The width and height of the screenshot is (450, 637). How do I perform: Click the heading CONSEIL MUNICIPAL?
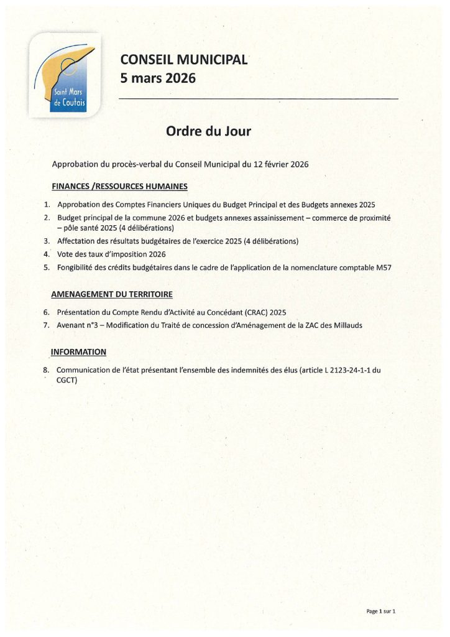pyautogui.click(x=184, y=60)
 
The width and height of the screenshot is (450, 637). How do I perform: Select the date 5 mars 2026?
pyautogui.click(x=158, y=78)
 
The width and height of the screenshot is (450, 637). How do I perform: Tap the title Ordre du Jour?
pyautogui.click(x=208, y=131)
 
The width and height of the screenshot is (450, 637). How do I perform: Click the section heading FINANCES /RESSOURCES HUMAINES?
pyautogui.click(x=119, y=186)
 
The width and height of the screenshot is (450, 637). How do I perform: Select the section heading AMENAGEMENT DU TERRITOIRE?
pyautogui.click(x=112, y=294)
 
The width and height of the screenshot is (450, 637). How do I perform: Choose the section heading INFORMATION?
pyautogui.click(x=78, y=352)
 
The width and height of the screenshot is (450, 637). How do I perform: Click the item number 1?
pyautogui.click(x=47, y=205)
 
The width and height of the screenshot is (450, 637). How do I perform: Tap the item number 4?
pyautogui.click(x=47, y=254)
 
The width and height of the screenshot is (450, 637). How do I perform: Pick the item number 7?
pyautogui.click(x=47, y=325)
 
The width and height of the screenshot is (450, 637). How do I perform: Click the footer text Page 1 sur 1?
pyautogui.click(x=380, y=611)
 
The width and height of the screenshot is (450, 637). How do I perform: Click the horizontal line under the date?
pyautogui.click(x=258, y=99)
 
